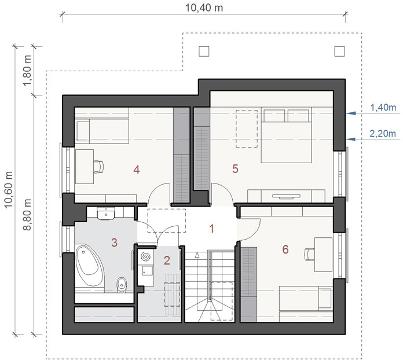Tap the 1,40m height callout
coord(383,108)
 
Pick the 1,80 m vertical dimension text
coord(26,69)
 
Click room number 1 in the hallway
coord(212,229)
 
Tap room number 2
coord(167,260)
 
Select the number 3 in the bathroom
coord(115,241)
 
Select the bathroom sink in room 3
coord(106,215)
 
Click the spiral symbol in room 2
coord(145,255)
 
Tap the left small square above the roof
coord(204,51)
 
